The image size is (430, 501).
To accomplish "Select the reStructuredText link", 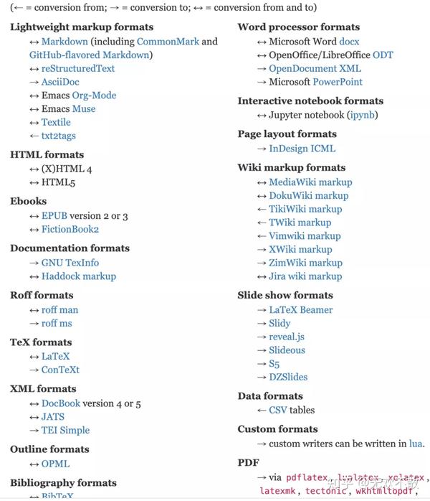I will pos(77,68).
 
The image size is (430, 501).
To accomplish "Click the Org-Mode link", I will pos(93,95).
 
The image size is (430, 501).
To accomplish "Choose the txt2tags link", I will pos(58,136).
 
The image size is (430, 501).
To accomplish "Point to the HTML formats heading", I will pos(47,154).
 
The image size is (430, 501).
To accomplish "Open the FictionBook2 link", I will pos(70,229).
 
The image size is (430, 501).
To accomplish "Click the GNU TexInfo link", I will pos(70,263).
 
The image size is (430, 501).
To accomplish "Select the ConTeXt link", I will pos(60,370).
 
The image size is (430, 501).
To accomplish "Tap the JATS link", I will pos(52,416).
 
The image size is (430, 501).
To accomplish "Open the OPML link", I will pos(55,464).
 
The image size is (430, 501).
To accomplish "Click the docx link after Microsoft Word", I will pos(350,42).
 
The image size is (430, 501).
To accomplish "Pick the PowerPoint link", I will pos(338,82).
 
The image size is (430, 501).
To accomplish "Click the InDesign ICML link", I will pos(302,149).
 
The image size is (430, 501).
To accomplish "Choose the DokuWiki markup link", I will pos(308,195).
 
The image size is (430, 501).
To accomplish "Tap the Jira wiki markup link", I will pos(305,276).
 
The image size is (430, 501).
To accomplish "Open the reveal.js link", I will pos(287,337).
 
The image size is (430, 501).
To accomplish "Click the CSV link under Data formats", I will pos(277,410).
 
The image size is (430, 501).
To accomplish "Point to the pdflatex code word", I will pos(307,478).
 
